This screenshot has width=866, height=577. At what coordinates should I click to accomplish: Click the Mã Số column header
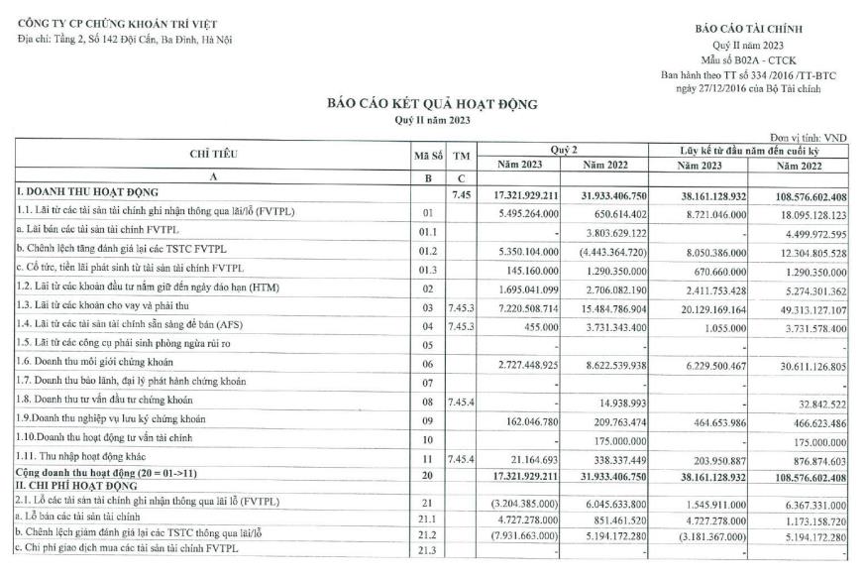pos(428,156)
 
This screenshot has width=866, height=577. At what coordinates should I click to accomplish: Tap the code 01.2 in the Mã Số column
pos(427,249)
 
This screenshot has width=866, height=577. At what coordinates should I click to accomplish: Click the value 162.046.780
pos(534,421)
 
